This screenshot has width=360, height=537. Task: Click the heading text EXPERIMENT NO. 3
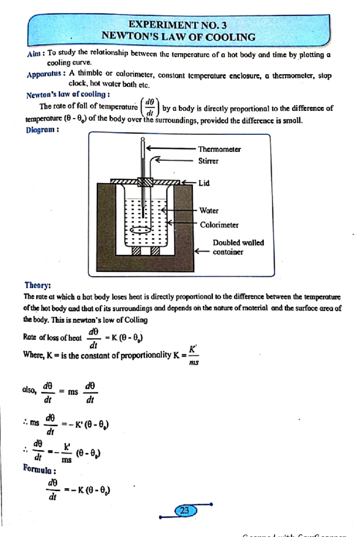[x=177, y=25]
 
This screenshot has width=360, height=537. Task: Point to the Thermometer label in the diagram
[x=219, y=149]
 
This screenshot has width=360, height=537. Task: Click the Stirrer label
[x=208, y=161]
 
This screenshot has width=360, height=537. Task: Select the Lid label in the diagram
[x=204, y=183]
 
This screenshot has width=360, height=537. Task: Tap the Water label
[x=209, y=210]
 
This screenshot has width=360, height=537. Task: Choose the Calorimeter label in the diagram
[x=219, y=225]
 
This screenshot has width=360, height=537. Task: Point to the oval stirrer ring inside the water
[x=140, y=230]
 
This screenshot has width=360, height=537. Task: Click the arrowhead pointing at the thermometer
[x=148, y=148]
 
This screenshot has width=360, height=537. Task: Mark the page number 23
[x=185, y=510]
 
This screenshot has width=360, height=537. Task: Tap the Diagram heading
[x=42, y=130]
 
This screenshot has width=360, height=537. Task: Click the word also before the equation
[x=29, y=390]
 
